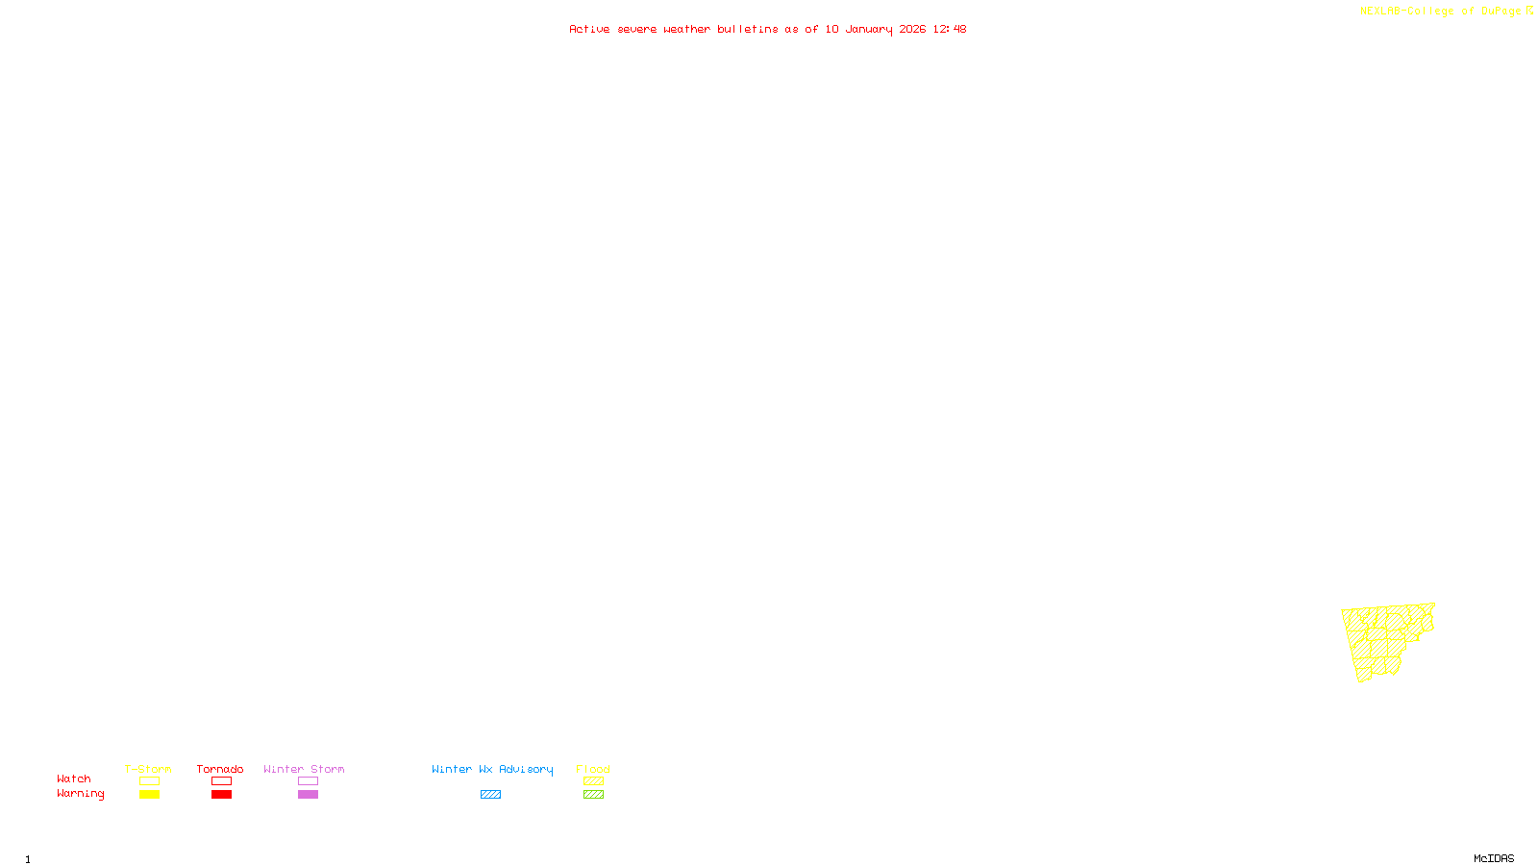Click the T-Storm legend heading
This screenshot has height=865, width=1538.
(148, 769)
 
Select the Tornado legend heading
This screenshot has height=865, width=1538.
(220, 769)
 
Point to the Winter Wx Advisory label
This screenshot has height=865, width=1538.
(492, 769)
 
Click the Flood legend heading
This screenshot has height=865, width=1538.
(593, 769)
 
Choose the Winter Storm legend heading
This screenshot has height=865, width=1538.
(304, 769)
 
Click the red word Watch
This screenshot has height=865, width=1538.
(74, 778)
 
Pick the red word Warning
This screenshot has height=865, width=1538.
(80, 794)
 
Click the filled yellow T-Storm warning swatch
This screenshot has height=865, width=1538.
(149, 795)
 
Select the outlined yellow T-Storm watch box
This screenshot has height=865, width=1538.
(149, 781)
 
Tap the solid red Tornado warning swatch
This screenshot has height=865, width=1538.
(221, 795)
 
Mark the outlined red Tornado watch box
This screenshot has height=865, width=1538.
(221, 781)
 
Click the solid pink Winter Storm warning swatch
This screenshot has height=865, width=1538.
(308, 795)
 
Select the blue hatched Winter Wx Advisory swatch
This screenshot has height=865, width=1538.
(490, 795)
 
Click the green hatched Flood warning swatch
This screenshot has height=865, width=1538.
(593, 795)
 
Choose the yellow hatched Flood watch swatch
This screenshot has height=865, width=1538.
(593, 781)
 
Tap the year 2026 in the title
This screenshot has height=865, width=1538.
(912, 29)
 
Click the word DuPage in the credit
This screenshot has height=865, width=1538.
(1501, 11)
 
